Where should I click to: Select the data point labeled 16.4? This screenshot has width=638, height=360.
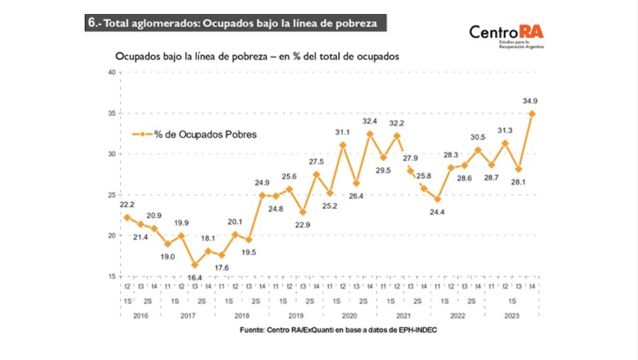point(194,264)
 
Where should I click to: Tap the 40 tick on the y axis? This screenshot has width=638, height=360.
point(111,72)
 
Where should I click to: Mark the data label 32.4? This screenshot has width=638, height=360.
point(369,121)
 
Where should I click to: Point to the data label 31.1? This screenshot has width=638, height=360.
point(342,132)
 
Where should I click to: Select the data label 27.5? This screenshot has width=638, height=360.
point(315,162)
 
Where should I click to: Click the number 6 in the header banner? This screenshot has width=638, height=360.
point(91,22)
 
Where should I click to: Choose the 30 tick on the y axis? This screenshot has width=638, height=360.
point(111,154)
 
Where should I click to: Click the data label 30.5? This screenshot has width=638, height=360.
point(478,137)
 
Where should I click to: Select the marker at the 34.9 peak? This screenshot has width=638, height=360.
point(532,113)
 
